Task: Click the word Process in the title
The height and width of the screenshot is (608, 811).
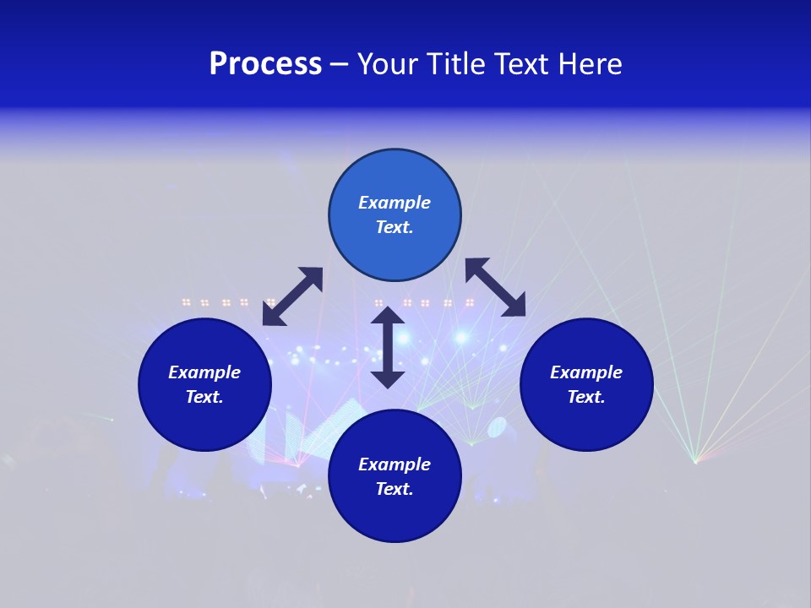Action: click(x=265, y=64)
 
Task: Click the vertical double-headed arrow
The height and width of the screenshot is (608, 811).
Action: click(x=388, y=347)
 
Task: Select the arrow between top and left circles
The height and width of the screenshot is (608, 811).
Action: click(x=292, y=296)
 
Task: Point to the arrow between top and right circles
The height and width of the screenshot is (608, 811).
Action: click(x=496, y=287)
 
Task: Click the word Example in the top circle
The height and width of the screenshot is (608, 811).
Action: click(x=395, y=203)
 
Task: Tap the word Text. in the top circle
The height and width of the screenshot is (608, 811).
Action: click(x=395, y=227)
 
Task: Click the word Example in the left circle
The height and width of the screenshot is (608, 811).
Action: click(x=204, y=372)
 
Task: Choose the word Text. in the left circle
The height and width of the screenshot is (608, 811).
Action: click(x=204, y=397)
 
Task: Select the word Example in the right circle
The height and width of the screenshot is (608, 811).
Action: click(x=586, y=372)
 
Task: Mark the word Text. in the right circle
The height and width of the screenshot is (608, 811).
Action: click(x=586, y=397)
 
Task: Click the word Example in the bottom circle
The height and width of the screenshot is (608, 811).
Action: click(x=395, y=464)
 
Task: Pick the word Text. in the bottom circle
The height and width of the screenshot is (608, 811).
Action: click(x=395, y=489)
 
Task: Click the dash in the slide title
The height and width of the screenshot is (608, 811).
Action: click(x=340, y=65)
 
